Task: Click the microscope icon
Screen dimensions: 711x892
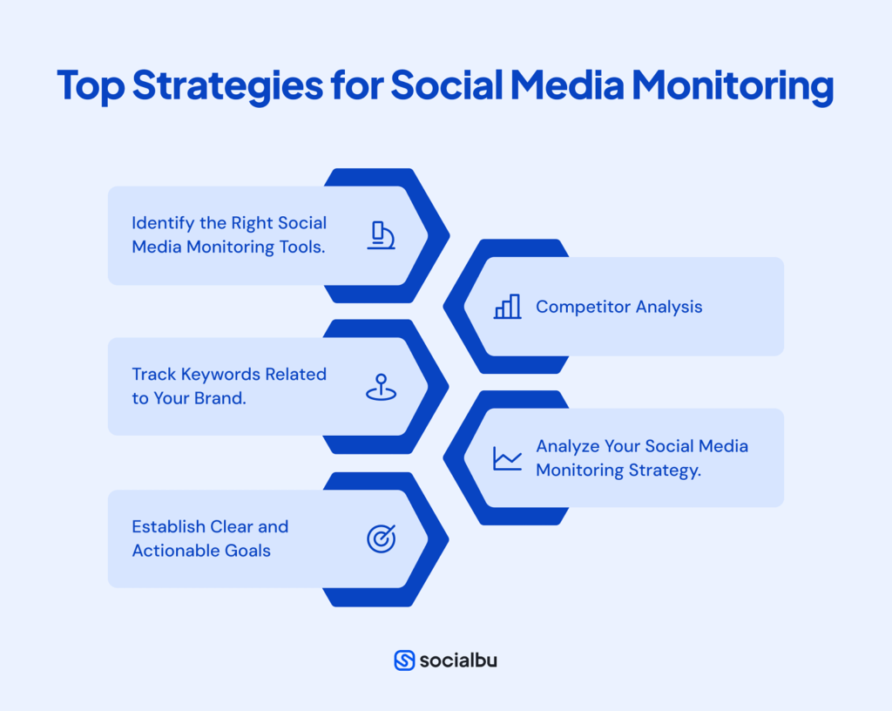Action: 381,235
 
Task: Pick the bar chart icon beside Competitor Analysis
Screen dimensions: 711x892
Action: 507,307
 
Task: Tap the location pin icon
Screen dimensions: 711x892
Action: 381,387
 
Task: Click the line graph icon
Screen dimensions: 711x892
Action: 507,458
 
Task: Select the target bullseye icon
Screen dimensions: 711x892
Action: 381,539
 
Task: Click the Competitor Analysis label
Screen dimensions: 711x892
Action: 618,307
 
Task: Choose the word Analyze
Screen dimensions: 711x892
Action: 566,446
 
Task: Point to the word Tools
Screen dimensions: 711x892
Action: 302,247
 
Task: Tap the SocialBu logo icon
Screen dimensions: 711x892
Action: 404,660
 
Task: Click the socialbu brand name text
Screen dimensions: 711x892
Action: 458,660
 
